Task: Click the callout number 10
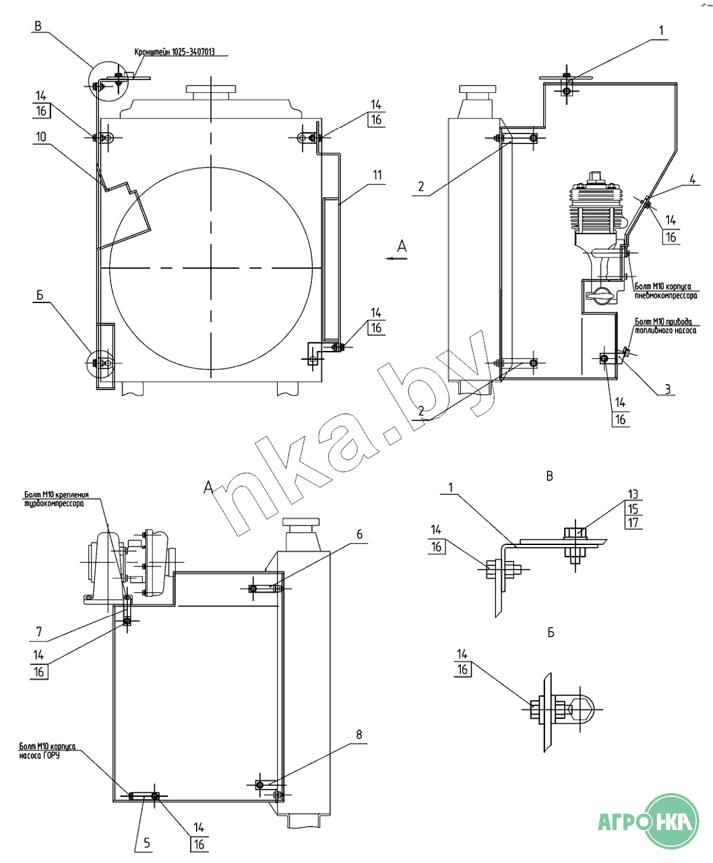coord(41,137)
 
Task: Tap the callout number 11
coord(377,175)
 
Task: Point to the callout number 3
coord(668,389)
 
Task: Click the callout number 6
coord(359,534)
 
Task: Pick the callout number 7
coord(39,631)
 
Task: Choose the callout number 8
coord(359,734)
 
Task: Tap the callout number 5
coord(147,842)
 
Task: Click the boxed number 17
coord(633,523)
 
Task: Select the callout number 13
coord(633,494)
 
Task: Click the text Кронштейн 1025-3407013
coord(173,53)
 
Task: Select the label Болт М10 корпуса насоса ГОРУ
coord(47,750)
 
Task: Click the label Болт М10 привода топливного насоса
coord(664,326)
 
